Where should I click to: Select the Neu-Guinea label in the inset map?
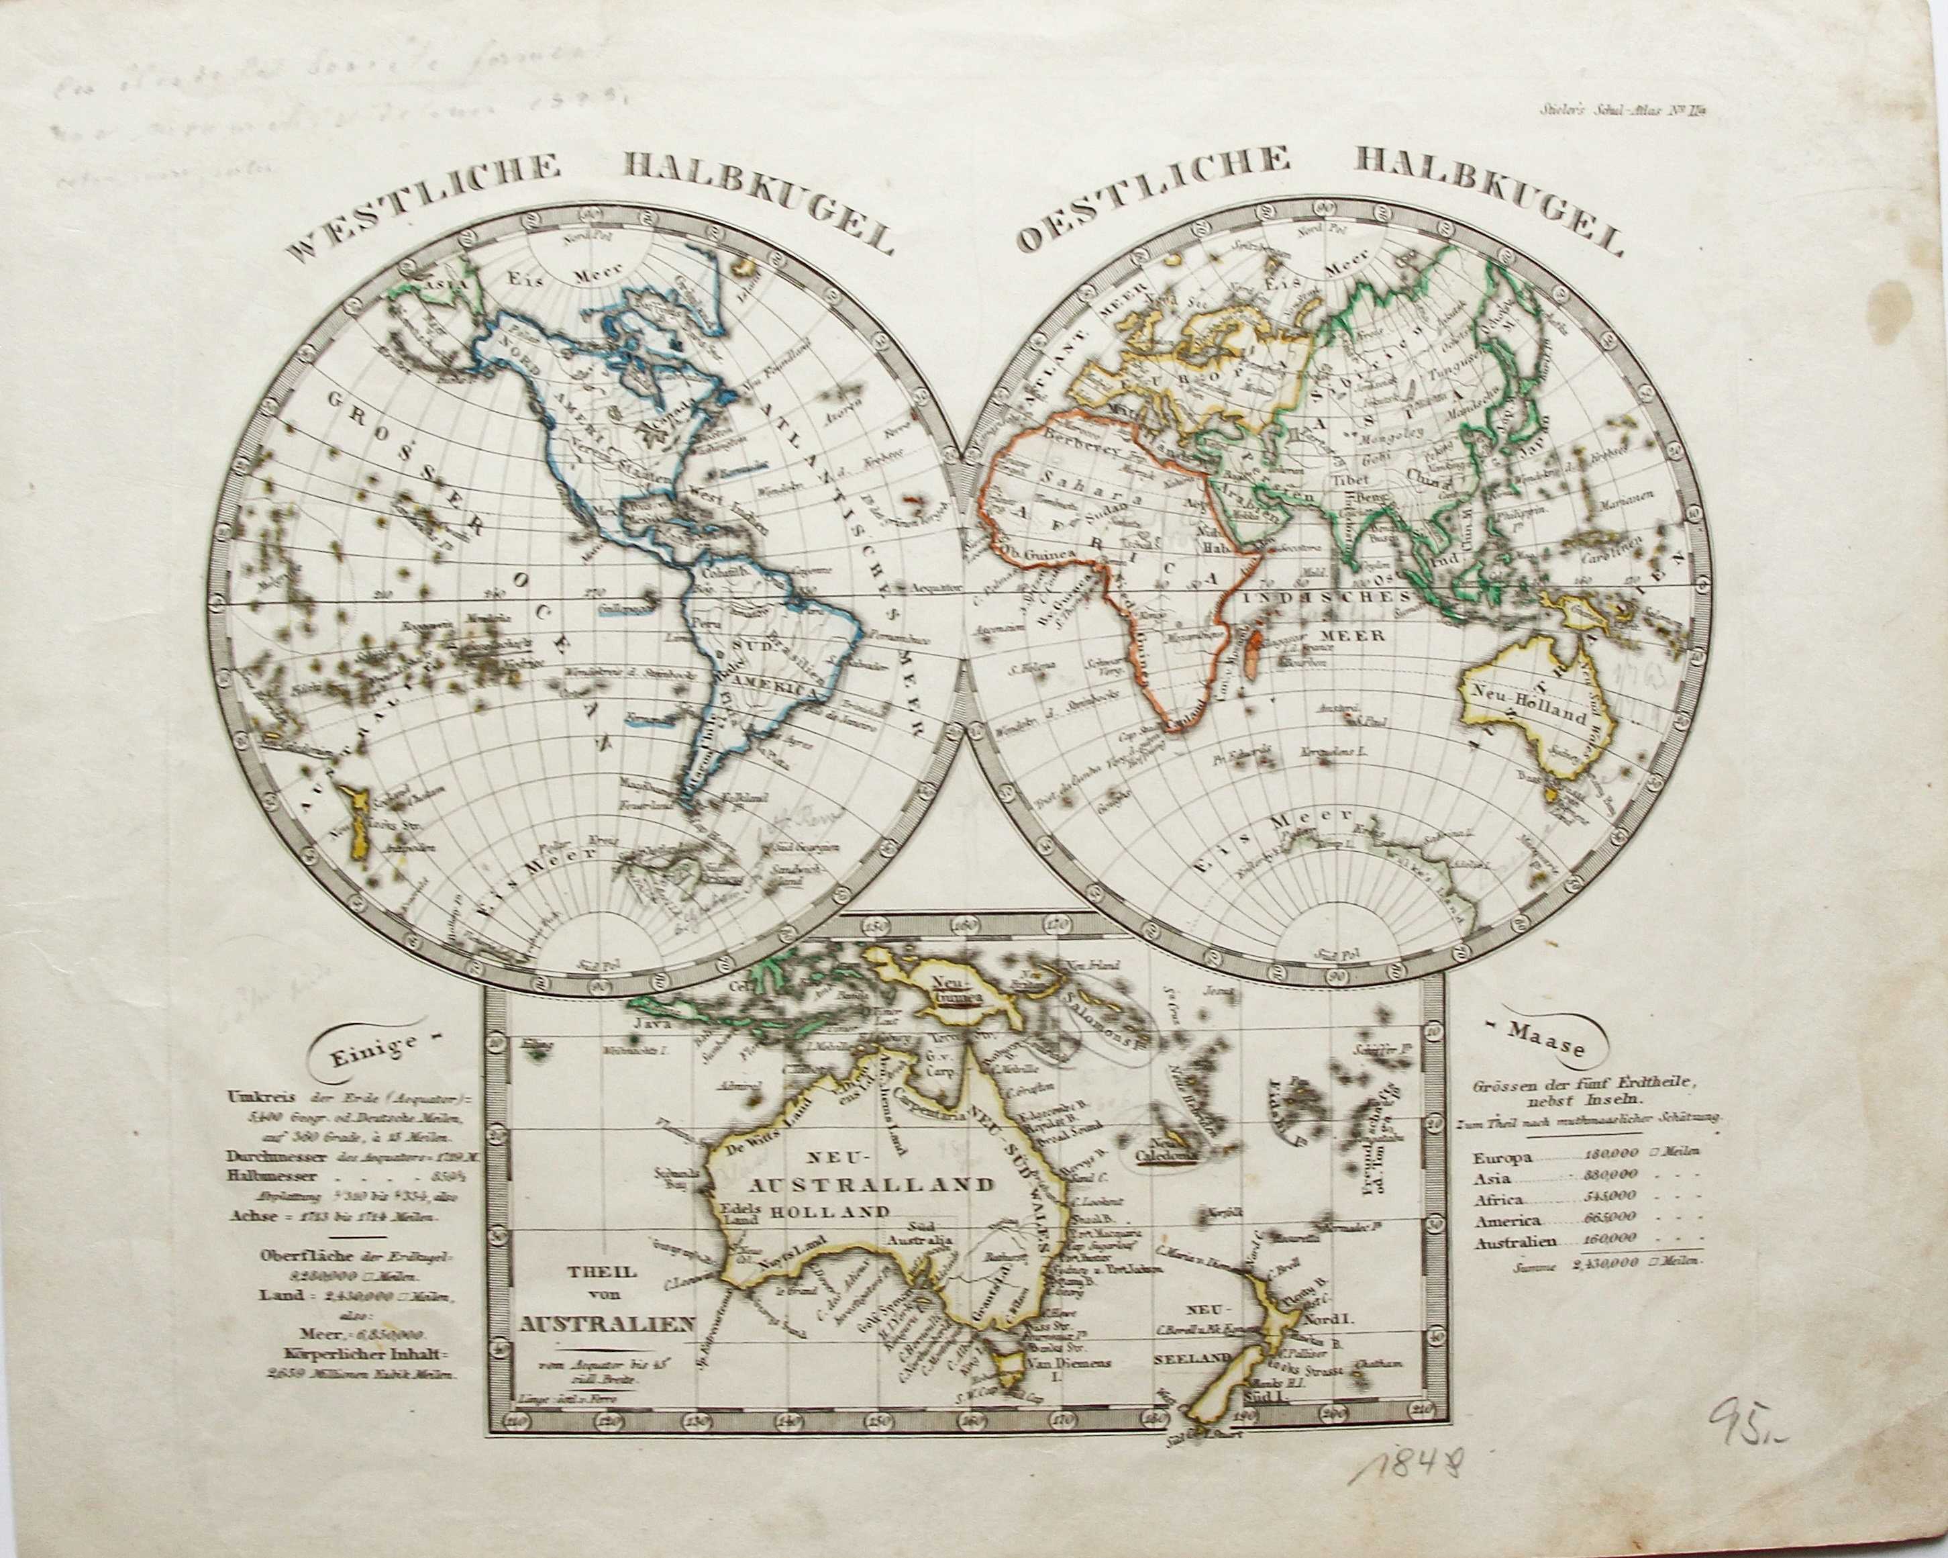tap(960, 989)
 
